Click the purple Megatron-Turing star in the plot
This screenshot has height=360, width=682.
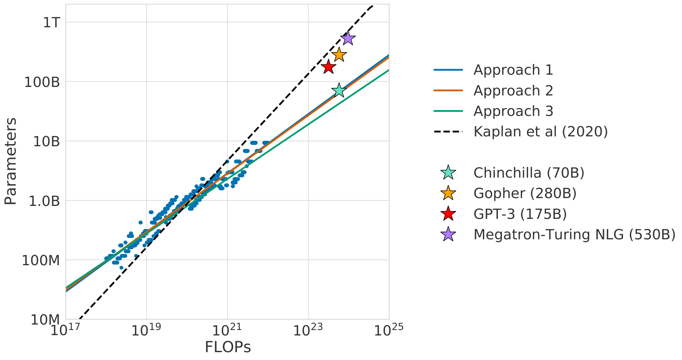tap(347, 38)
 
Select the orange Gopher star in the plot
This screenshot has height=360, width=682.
tap(339, 55)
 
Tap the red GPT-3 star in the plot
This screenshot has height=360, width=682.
tap(328, 67)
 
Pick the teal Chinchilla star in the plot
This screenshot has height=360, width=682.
tap(339, 90)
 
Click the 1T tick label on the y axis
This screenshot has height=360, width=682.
tap(51, 22)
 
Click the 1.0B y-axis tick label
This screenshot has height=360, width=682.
tap(44, 201)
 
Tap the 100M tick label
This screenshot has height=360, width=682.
tap(41, 260)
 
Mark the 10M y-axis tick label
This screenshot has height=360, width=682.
tap(45, 320)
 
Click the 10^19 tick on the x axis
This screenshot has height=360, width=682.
tap(146, 330)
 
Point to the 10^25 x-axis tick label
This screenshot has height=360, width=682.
tap(388, 330)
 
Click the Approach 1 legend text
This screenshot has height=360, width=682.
tap(513, 70)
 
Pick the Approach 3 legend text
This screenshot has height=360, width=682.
tap(513, 111)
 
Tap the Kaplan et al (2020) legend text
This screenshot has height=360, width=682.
tap(540, 132)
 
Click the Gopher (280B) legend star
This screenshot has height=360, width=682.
tap(448, 193)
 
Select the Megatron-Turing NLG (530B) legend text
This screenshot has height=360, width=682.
tap(574, 235)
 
